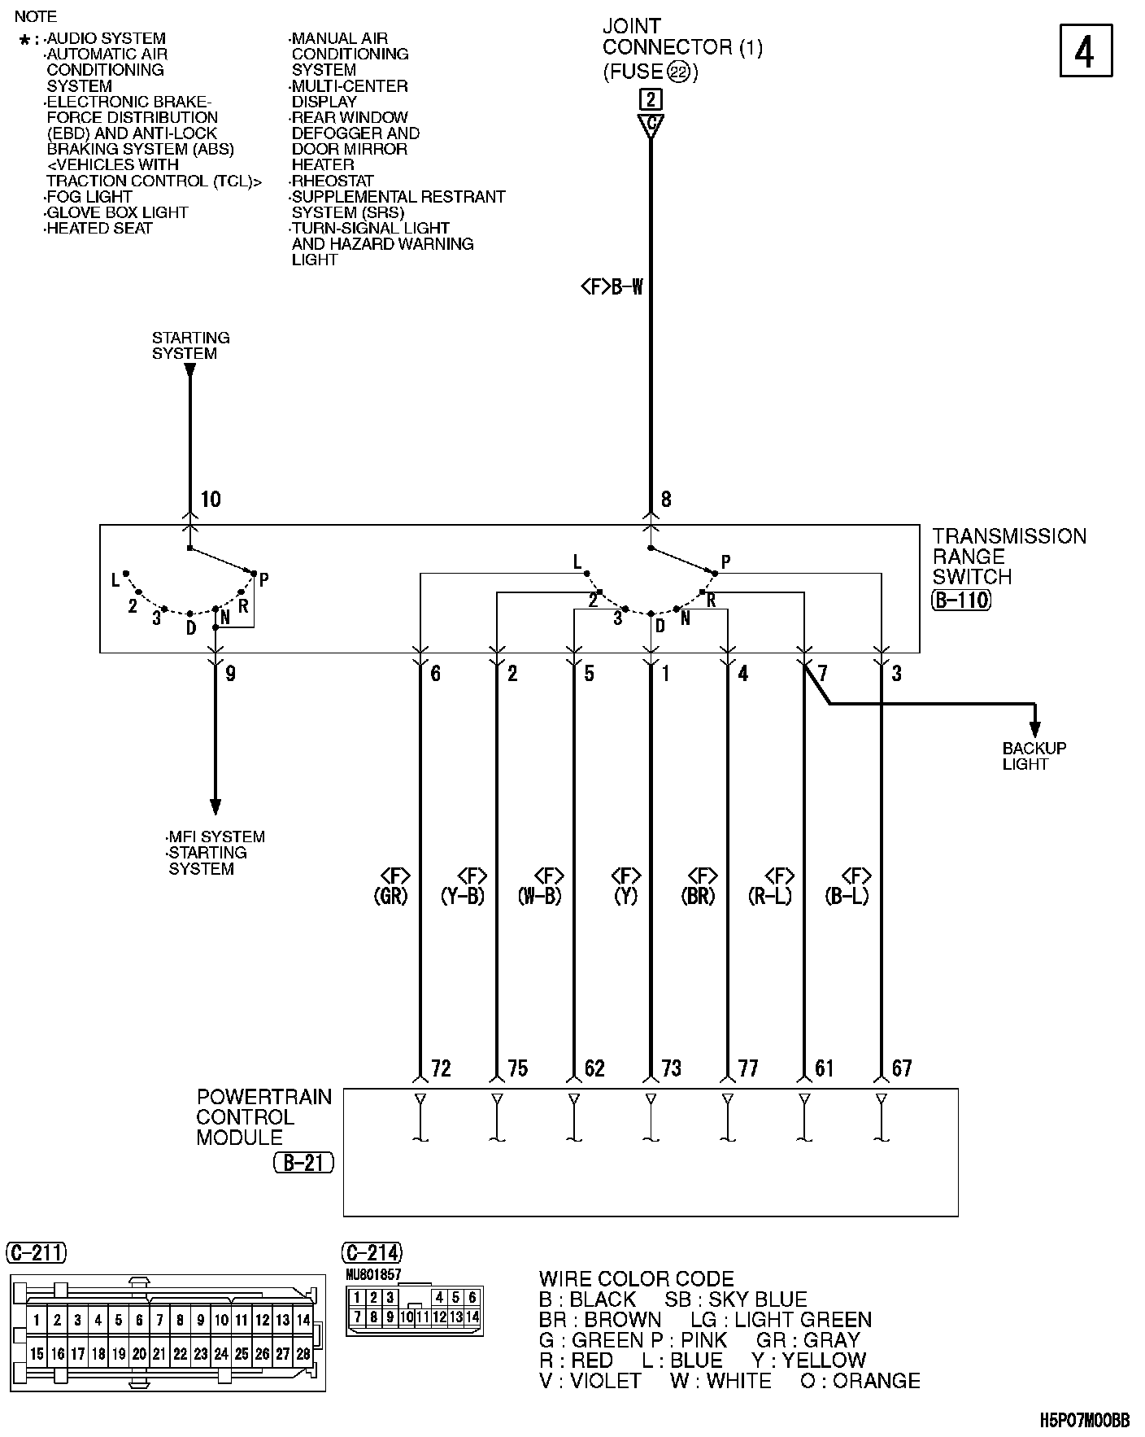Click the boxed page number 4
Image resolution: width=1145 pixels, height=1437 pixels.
1086,51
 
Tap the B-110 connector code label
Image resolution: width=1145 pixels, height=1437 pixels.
961,601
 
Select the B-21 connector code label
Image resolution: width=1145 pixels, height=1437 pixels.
304,1163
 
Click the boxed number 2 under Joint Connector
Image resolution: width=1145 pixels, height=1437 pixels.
651,100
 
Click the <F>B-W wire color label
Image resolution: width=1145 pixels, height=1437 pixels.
612,286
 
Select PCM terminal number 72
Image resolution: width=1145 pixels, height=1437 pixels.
441,1068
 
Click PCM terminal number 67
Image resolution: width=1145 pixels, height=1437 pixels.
902,1068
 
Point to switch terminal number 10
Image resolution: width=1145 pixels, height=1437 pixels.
211,500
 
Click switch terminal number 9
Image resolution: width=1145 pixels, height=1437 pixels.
230,674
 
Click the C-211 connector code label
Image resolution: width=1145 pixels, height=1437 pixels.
37,1252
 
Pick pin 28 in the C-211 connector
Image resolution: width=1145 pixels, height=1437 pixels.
303,1354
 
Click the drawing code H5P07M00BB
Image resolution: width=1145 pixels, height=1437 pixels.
1085,1421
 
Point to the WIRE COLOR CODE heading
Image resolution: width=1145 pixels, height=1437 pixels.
636,1278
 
